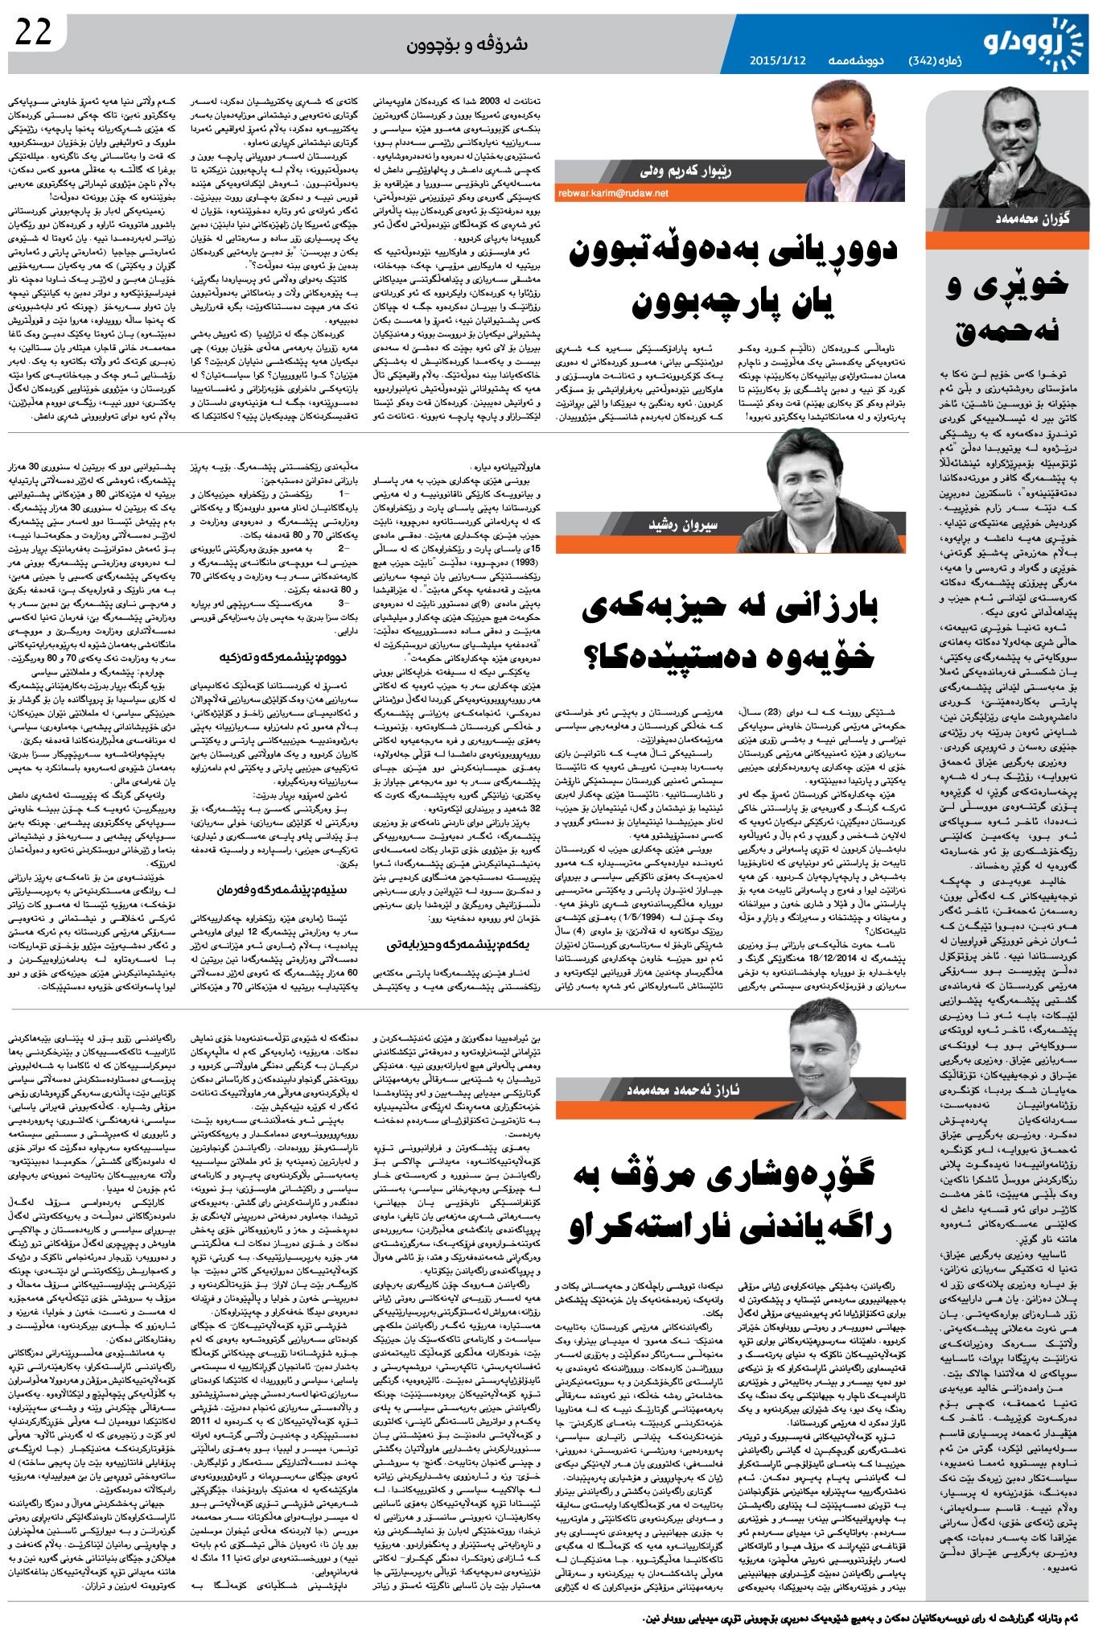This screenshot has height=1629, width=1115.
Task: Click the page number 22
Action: pyautogui.click(x=34, y=31)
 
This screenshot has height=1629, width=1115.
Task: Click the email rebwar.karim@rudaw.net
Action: pyautogui.click(x=613, y=193)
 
